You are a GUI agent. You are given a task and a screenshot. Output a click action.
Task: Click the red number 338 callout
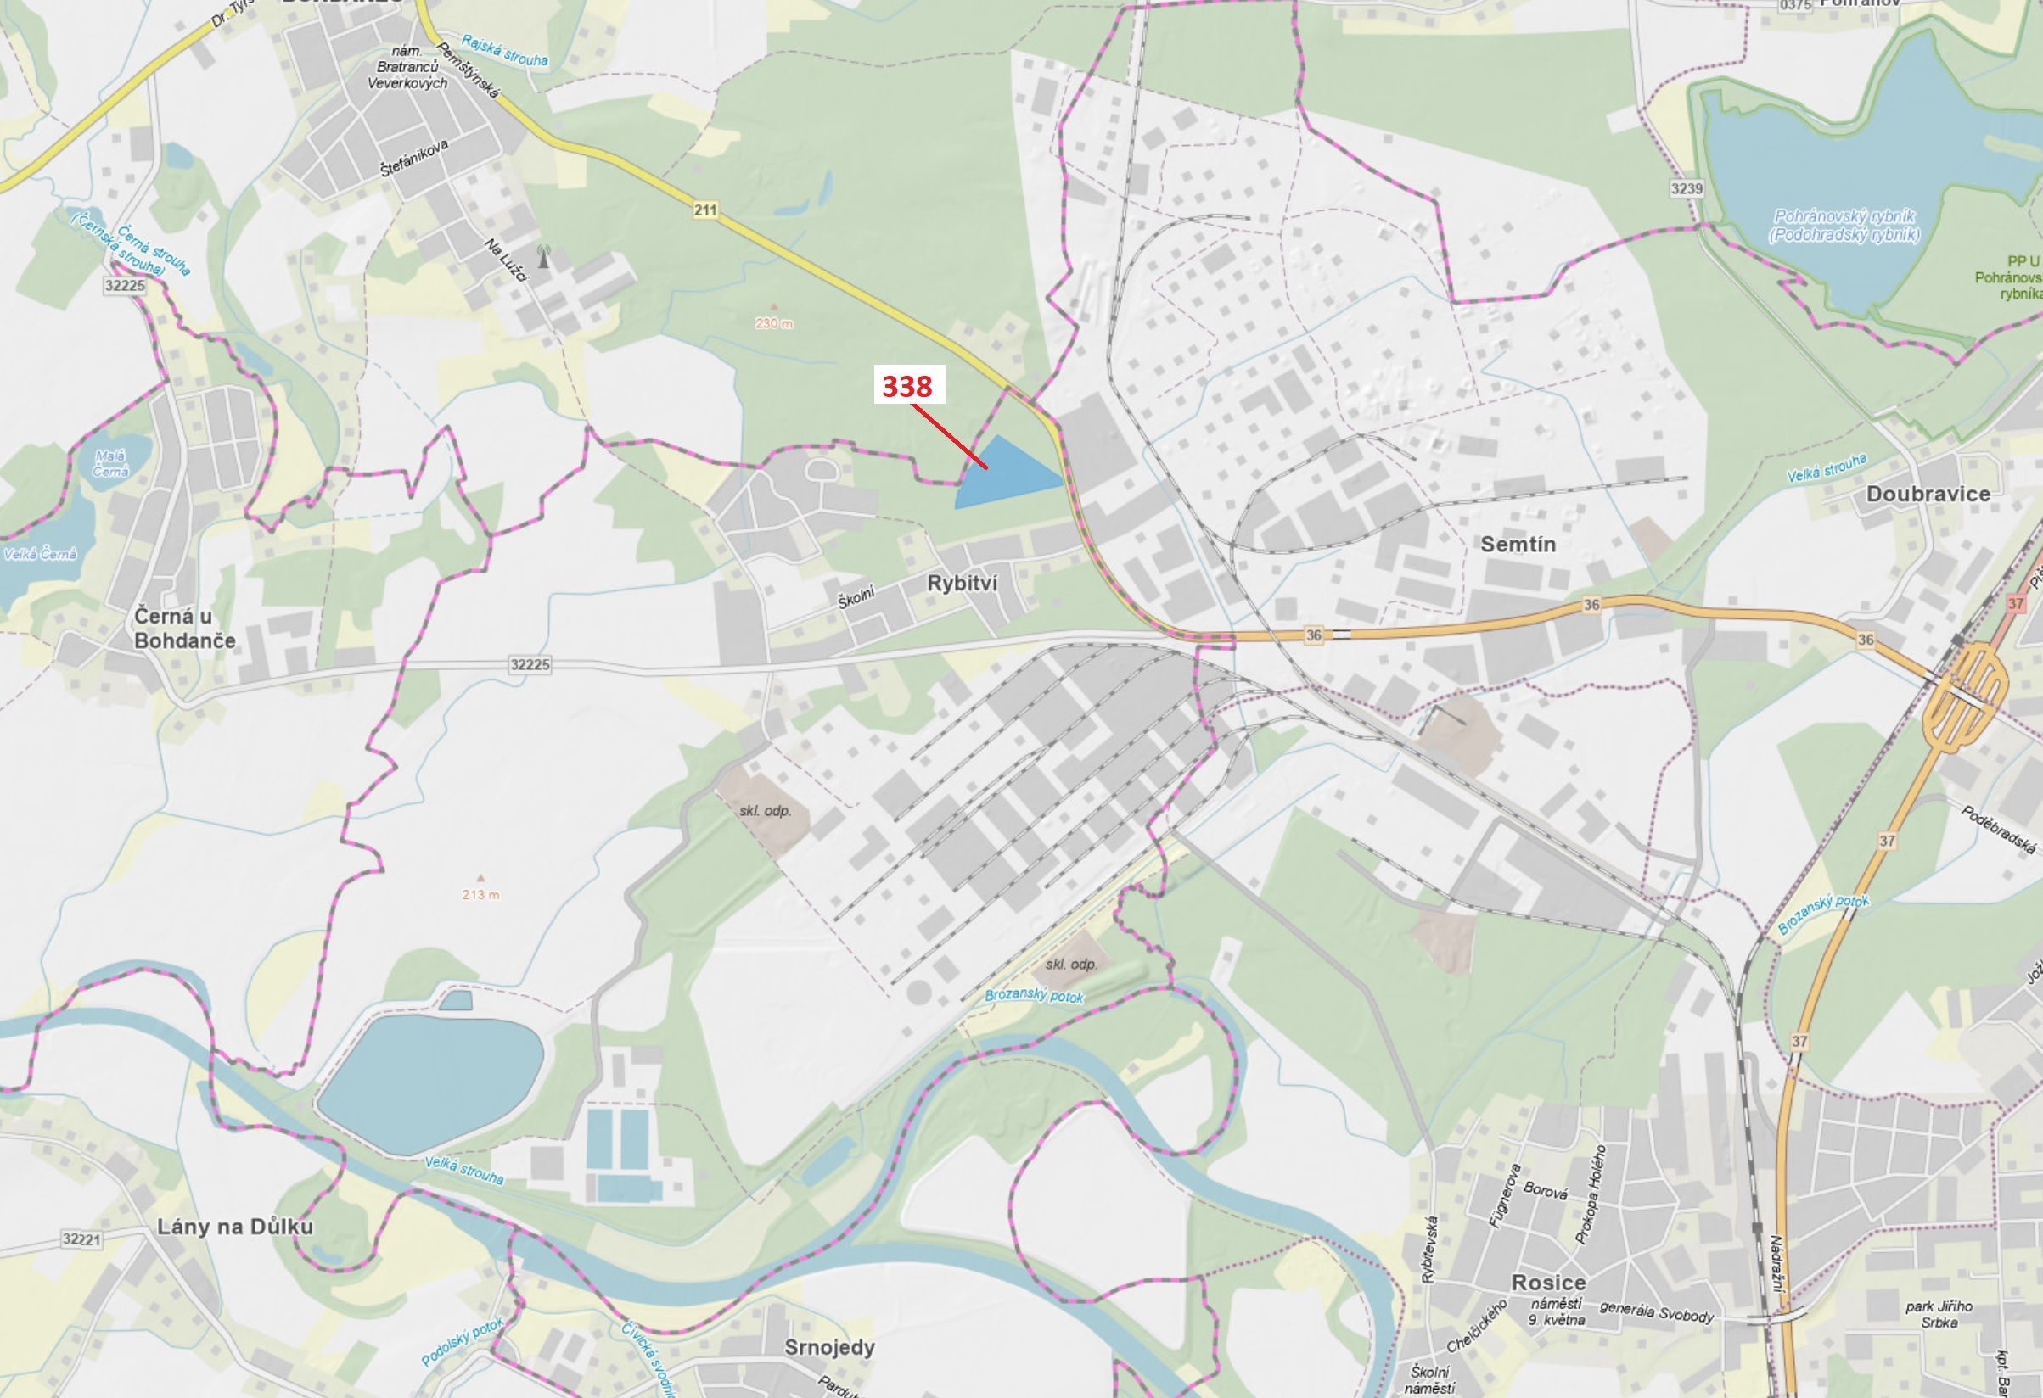[908, 385]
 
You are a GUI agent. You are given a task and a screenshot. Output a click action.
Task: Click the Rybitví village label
[962, 584]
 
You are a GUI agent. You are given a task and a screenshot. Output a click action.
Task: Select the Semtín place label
[1518, 544]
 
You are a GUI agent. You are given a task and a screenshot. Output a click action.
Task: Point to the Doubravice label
[1928, 494]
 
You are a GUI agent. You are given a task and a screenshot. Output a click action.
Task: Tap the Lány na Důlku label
[235, 1227]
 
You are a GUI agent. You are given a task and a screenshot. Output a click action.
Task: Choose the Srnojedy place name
[829, 1347]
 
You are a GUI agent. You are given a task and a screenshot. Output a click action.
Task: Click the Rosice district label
[1548, 1282]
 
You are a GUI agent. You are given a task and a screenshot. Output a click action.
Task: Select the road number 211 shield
[705, 210]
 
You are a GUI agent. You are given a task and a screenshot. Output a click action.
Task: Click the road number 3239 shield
[1686, 188]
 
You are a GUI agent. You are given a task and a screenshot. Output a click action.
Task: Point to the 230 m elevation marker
[772, 322]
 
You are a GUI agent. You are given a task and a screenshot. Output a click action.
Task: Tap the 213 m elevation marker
[480, 893]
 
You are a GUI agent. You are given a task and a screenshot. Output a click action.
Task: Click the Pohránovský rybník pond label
[1844, 225]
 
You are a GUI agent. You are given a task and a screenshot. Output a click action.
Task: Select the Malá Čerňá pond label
[109, 463]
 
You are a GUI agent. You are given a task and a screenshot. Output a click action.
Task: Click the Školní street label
[856, 597]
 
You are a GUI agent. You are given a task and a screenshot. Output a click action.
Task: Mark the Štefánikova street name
[414, 158]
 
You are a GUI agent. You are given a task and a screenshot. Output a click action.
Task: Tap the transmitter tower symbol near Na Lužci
[543, 256]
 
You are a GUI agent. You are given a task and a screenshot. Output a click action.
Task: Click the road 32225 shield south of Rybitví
[530, 664]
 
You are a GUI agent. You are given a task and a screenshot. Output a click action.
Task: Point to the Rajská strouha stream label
[503, 51]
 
